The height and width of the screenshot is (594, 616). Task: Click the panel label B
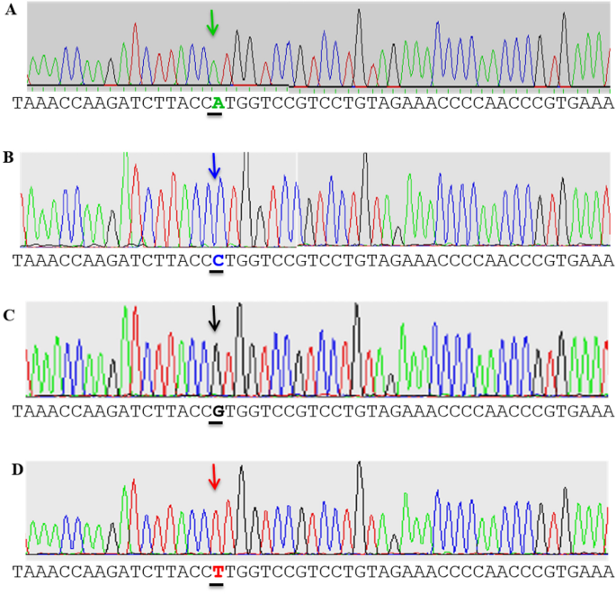click(10, 157)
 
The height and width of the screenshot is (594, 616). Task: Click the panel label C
click(10, 315)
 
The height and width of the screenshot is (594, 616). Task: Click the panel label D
click(10, 470)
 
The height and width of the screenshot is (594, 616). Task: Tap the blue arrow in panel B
click(214, 165)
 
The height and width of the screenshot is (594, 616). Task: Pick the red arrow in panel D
click(214, 477)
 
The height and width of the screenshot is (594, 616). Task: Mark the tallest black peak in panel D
click(359, 464)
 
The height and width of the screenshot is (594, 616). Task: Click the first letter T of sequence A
click(17, 103)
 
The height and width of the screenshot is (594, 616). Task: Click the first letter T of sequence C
click(17, 412)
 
